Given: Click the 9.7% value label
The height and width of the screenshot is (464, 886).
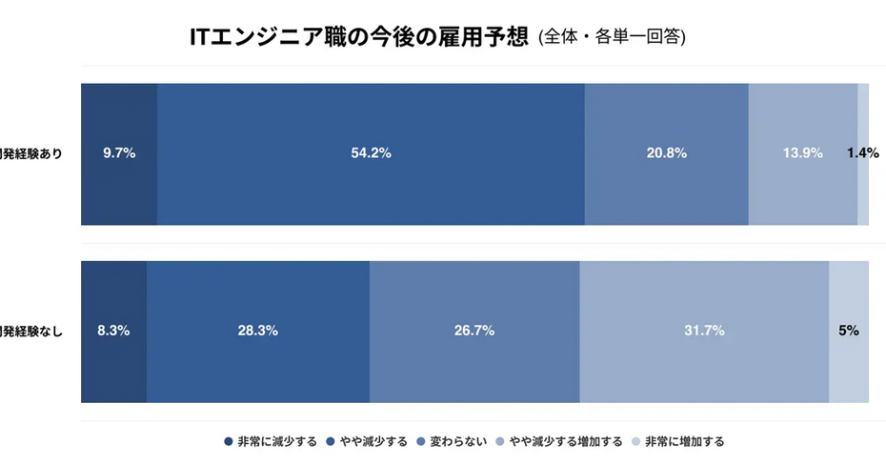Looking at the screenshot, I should tap(119, 153).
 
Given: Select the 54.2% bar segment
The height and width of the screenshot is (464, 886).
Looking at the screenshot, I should tap(371, 153).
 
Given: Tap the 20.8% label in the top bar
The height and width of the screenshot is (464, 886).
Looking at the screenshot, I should tap(666, 153).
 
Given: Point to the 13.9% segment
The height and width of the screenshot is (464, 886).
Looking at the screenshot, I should tap(802, 153).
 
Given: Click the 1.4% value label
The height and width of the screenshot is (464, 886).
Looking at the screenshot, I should tap(862, 153).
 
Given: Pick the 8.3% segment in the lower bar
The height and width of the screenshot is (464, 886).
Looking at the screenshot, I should tap(113, 332).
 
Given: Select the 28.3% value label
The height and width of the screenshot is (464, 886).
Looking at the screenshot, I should tap(257, 332).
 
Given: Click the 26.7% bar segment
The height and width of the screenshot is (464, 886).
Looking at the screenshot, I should tap(473, 332).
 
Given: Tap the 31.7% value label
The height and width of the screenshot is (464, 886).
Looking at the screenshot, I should tap(704, 332).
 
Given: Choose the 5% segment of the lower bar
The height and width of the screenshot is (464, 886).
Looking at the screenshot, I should tap(848, 332).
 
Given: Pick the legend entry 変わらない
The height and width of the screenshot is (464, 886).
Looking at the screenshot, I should tap(458, 442).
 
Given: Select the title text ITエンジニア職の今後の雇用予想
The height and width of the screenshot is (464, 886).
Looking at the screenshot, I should tap(359, 36).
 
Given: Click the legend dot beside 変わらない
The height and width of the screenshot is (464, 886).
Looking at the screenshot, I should tap(421, 442).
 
